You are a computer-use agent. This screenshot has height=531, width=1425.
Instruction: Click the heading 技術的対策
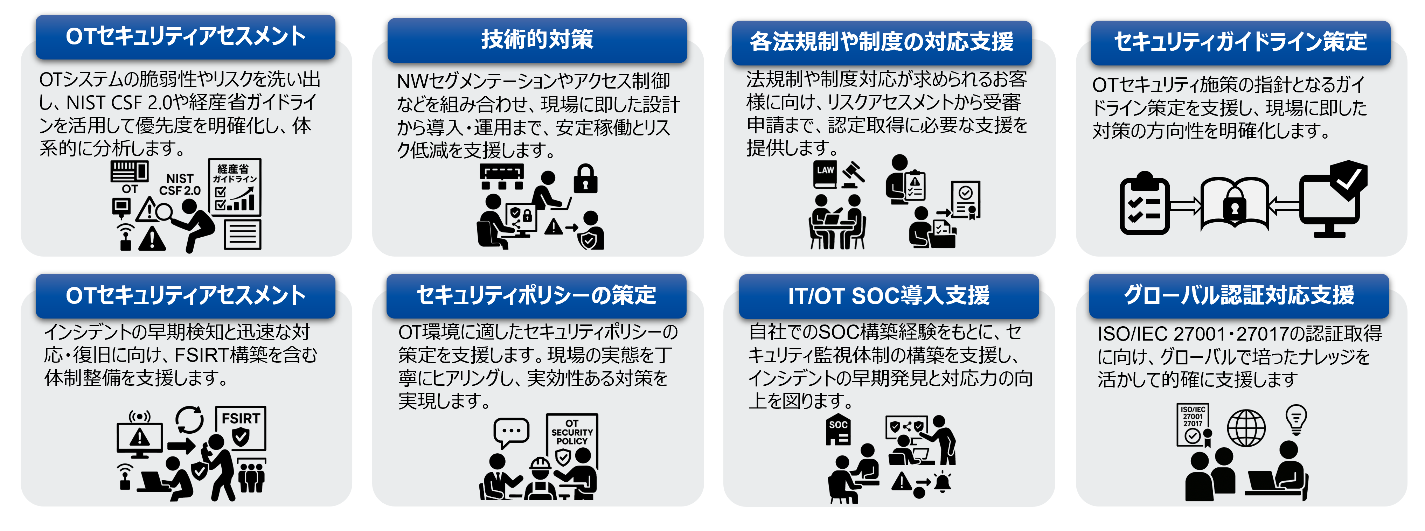click(537, 40)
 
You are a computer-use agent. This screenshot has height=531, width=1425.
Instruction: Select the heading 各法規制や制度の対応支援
click(881, 42)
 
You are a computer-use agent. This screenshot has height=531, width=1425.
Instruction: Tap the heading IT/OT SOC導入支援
click(888, 296)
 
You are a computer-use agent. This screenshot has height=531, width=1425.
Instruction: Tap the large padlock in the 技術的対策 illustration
click(585, 179)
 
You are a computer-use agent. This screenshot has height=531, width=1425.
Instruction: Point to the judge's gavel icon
click(853, 174)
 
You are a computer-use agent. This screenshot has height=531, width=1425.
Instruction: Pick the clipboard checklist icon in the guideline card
click(1144, 205)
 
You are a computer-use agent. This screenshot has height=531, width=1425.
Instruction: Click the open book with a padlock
click(1235, 204)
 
